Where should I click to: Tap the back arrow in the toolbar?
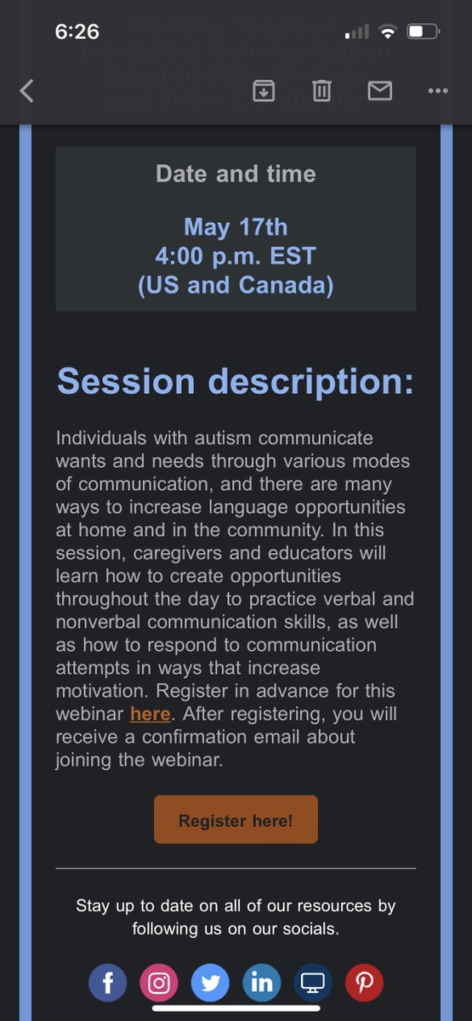click(26, 91)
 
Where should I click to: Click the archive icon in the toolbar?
click(264, 91)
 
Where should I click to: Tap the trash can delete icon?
click(321, 91)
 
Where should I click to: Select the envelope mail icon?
click(379, 91)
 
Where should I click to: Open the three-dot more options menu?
click(437, 91)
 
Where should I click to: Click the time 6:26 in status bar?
click(77, 32)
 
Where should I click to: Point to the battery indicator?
click(422, 32)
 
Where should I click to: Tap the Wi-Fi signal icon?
click(388, 32)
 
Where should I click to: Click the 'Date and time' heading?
click(236, 174)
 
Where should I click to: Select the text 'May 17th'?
click(236, 227)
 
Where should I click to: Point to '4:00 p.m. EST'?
click(236, 256)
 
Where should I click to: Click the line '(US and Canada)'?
click(236, 285)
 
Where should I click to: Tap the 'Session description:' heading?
click(236, 381)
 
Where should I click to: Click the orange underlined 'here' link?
click(151, 714)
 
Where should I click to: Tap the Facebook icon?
click(108, 984)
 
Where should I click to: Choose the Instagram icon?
click(159, 984)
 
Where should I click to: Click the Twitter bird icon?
click(210, 984)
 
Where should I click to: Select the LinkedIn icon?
click(261, 984)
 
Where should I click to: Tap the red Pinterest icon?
click(364, 984)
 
